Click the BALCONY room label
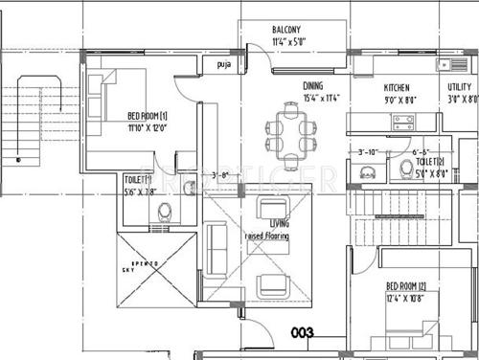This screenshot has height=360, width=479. (286, 30)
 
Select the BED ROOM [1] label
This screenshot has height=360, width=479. (148, 117)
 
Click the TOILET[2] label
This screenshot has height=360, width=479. (428, 163)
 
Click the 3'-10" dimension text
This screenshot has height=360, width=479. (367, 151)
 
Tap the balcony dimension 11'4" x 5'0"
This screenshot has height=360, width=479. (287, 42)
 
